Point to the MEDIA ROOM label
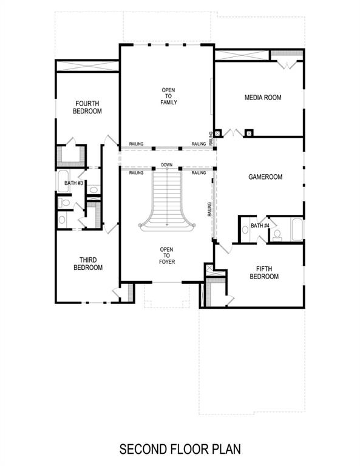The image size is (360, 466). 263,98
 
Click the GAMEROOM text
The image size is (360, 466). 266,177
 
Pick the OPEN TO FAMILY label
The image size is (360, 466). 168,96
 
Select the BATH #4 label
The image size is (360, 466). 260,226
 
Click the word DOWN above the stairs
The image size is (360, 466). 167,166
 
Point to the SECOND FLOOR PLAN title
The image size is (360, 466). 180,450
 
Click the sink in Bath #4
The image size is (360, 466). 245,229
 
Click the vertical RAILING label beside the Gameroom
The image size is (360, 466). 209,210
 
